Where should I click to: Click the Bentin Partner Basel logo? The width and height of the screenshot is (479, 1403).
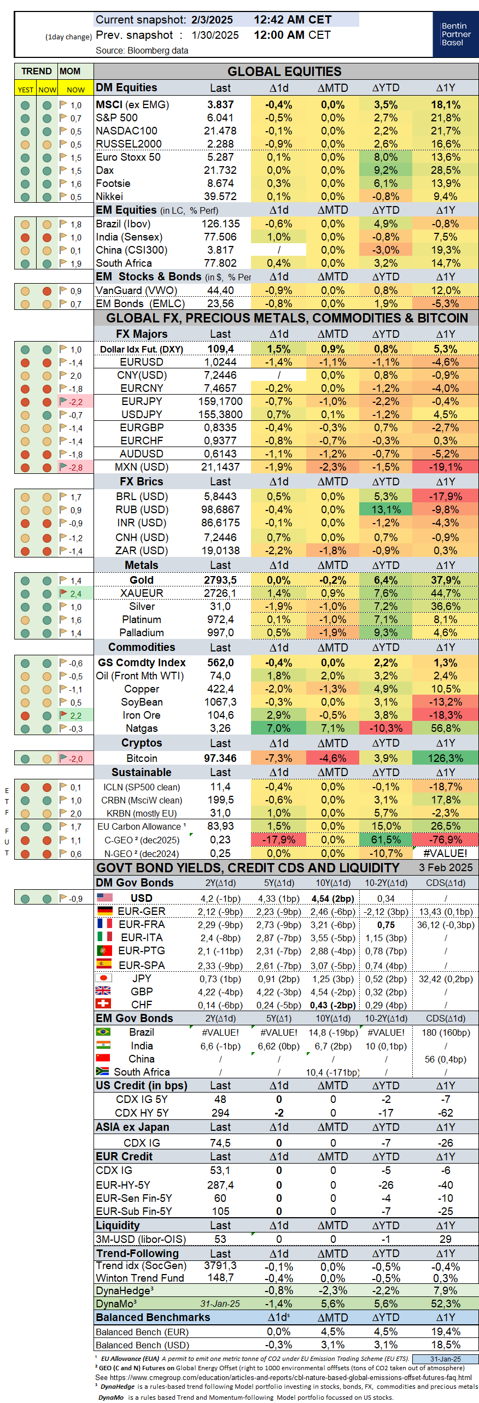[455, 34]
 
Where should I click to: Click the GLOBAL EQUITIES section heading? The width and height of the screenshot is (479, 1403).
[284, 72]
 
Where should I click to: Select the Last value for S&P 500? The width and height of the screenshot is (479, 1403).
[220, 118]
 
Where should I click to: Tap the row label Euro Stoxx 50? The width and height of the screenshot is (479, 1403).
[128, 157]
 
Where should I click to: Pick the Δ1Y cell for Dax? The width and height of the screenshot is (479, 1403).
[445, 171]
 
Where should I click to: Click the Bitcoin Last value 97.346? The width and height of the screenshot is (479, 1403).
[220, 759]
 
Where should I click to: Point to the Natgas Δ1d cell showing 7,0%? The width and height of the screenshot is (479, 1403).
[278, 729]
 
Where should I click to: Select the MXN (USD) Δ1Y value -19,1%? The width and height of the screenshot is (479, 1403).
[445, 467]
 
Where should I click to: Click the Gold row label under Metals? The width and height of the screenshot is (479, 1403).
[142, 580]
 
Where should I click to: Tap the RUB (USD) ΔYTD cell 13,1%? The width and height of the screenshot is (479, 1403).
[385, 510]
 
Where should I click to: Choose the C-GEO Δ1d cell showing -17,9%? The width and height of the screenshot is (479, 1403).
[278, 840]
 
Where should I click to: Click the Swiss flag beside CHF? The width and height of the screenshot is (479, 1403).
[103, 1003]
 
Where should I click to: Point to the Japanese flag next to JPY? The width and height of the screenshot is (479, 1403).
[103, 978]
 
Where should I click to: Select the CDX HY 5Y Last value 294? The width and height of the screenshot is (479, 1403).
[220, 1113]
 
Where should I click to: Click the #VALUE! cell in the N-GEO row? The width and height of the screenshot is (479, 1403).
[445, 853]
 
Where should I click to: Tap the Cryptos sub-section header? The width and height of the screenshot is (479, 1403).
[142, 743]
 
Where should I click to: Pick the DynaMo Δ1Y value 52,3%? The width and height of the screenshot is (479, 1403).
[445, 1304]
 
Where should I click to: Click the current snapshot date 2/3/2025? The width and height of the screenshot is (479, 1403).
[212, 20]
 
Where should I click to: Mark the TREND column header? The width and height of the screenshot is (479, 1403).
[36, 72]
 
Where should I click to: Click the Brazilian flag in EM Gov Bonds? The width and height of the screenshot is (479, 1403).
[103, 1032]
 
